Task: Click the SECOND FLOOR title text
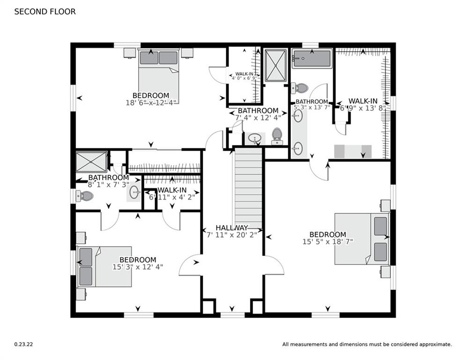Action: click(x=44, y=12)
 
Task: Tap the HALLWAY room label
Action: click(x=232, y=227)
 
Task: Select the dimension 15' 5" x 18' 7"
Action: click(x=328, y=242)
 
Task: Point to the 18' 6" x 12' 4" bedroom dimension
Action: click(x=151, y=102)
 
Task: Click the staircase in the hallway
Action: click(x=248, y=187)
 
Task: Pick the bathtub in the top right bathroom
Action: click(x=312, y=59)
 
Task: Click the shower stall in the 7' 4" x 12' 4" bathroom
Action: click(x=275, y=65)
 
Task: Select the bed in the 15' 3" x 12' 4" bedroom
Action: click(x=105, y=266)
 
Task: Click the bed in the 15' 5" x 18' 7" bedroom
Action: click(x=361, y=239)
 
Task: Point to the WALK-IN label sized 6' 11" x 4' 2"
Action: click(x=172, y=190)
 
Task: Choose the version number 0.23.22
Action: click(x=23, y=344)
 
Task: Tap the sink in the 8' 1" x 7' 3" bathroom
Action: click(x=134, y=192)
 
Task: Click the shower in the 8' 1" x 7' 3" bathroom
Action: click(x=92, y=162)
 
